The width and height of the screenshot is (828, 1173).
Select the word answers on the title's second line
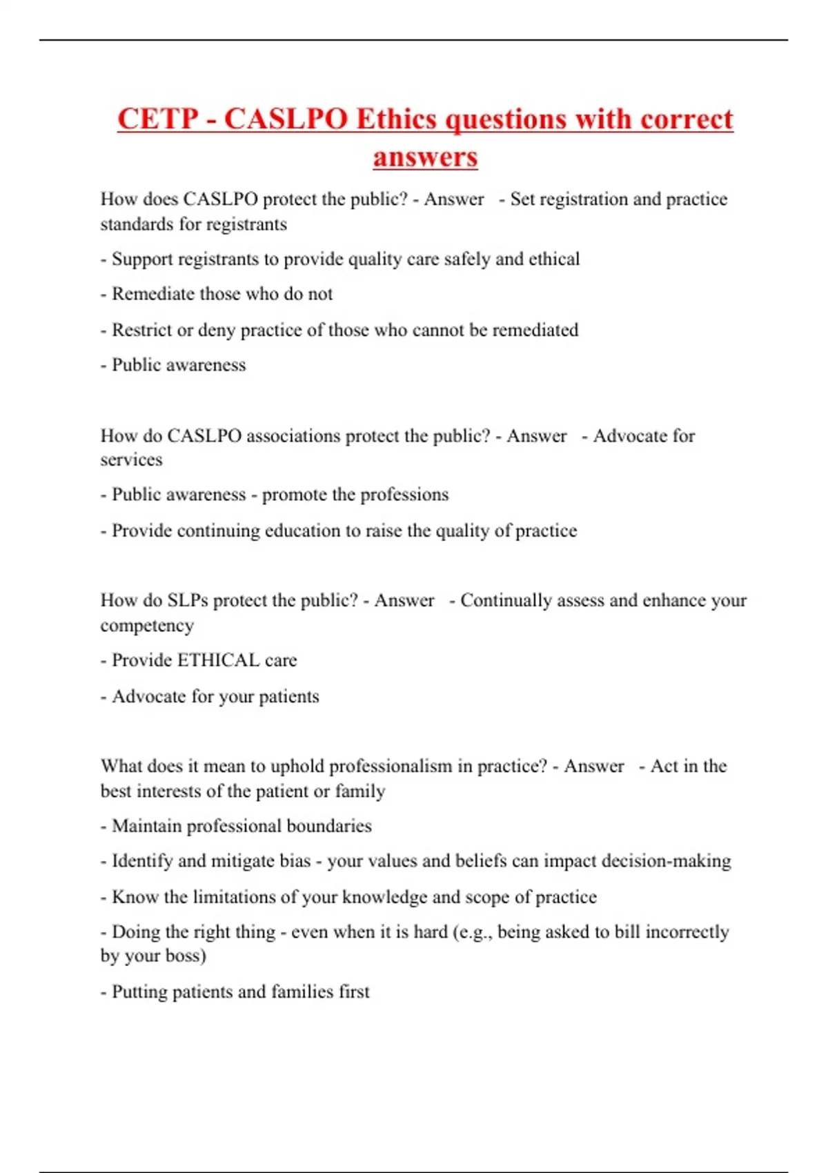click(425, 157)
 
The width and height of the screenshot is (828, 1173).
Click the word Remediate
click(152, 294)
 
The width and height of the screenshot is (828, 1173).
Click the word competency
click(147, 626)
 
